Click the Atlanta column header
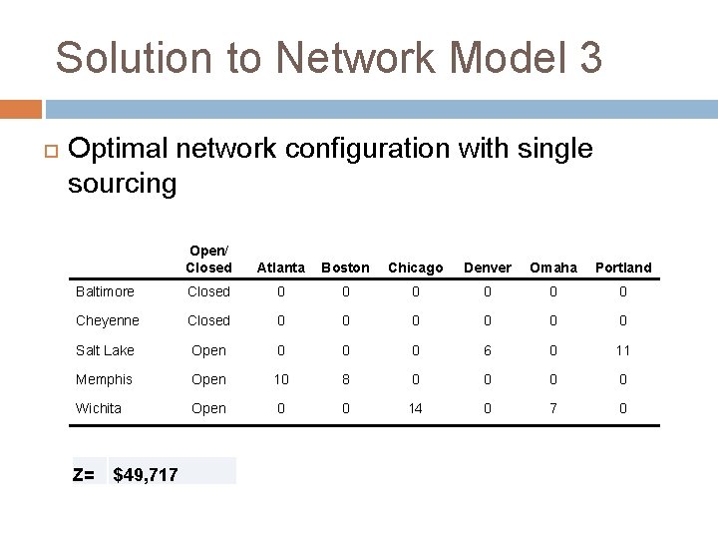pyautogui.click(x=281, y=268)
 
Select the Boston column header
pyautogui.click(x=345, y=268)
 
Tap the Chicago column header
pyautogui.click(x=415, y=268)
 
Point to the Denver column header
pyautogui.click(x=488, y=268)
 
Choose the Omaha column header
pyautogui.click(x=553, y=268)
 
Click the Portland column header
pyautogui.click(x=623, y=268)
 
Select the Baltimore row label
pyautogui.click(x=105, y=291)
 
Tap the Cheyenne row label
pyautogui.click(x=108, y=320)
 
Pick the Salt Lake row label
pyautogui.click(x=105, y=350)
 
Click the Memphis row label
pyautogui.click(x=104, y=379)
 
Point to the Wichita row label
pyautogui.click(x=99, y=408)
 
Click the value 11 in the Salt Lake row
pyautogui.click(x=623, y=350)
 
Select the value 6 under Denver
pyautogui.click(x=488, y=350)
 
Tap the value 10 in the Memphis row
pyautogui.click(x=281, y=379)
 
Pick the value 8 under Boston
pyautogui.click(x=345, y=379)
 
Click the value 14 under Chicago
pyautogui.click(x=415, y=408)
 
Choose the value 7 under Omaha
pyautogui.click(x=553, y=408)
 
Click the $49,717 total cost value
pyautogui.click(x=146, y=474)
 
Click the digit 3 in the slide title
pyautogui.click(x=589, y=58)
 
